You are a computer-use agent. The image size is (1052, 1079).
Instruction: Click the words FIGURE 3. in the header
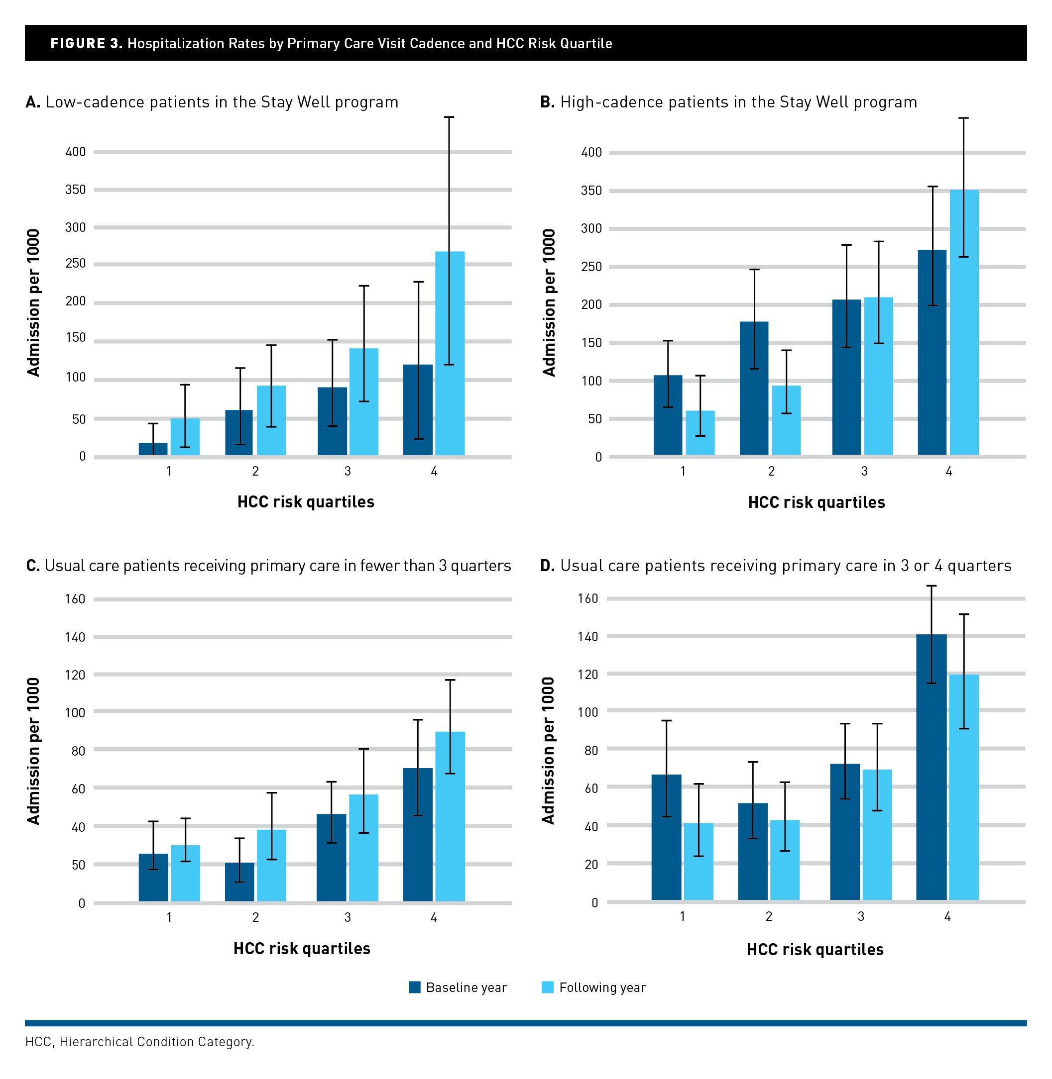86,44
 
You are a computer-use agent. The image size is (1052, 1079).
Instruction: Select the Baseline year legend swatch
414,987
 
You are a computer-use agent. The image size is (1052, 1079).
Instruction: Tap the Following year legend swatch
548,987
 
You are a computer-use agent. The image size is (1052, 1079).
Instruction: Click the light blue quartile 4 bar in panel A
450,353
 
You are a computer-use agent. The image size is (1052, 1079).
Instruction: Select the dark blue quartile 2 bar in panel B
754,388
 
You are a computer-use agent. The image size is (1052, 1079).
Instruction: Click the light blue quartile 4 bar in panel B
964,322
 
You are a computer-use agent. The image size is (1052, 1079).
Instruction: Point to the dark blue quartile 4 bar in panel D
931,767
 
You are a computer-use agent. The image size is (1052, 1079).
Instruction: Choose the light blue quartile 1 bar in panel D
699,862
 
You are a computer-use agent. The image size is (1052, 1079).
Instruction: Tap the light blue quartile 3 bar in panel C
363,848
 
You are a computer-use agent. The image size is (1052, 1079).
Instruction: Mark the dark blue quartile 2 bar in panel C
239,882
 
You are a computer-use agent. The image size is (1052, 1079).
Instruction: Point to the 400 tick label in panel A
76,152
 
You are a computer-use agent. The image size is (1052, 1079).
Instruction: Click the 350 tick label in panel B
591,191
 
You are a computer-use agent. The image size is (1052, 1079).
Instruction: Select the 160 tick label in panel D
588,598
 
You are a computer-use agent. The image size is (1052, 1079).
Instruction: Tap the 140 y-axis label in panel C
75,637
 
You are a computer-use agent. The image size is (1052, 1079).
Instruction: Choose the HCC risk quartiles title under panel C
302,948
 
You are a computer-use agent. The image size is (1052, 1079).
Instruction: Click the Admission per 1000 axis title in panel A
34,302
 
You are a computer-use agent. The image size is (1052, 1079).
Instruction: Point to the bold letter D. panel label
547,566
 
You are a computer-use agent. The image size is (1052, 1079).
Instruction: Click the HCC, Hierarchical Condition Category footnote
140,1042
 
